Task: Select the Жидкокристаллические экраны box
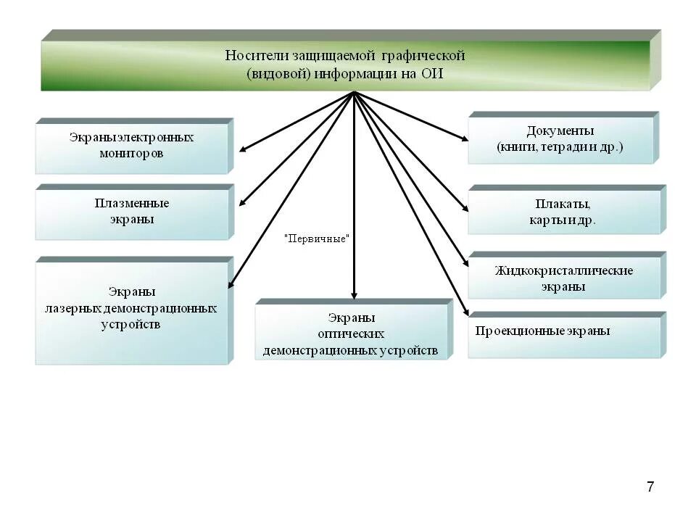pyautogui.click(x=563, y=278)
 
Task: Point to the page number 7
pyautogui.click(x=650, y=486)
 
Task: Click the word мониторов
pyautogui.click(x=131, y=154)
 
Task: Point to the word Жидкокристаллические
pyautogui.click(x=563, y=271)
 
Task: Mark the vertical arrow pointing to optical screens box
pyautogui.click(x=354, y=217)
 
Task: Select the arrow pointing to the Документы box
pyautogui.click(x=413, y=116)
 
